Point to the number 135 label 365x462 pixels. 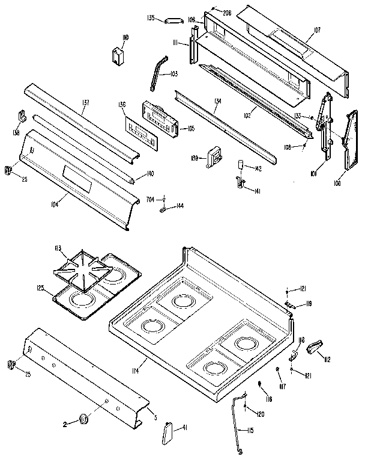[152, 19]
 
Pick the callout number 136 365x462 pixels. [122, 105]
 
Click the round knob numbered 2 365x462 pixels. [83, 419]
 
